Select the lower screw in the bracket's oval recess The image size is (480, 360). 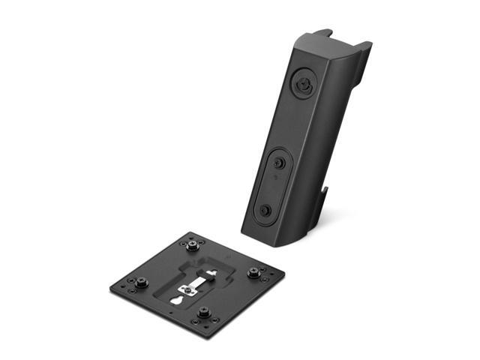(x=265, y=211)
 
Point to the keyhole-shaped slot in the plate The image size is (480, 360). (x=177, y=299)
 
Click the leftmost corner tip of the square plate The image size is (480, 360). (x=110, y=286)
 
